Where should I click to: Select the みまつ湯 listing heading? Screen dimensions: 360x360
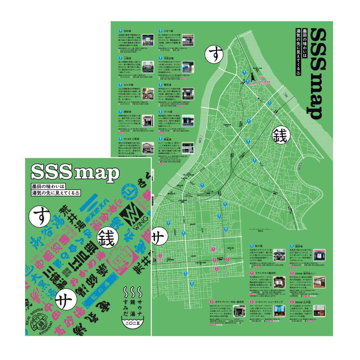point(166,30)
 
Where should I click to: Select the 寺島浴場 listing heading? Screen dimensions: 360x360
point(167,57)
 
